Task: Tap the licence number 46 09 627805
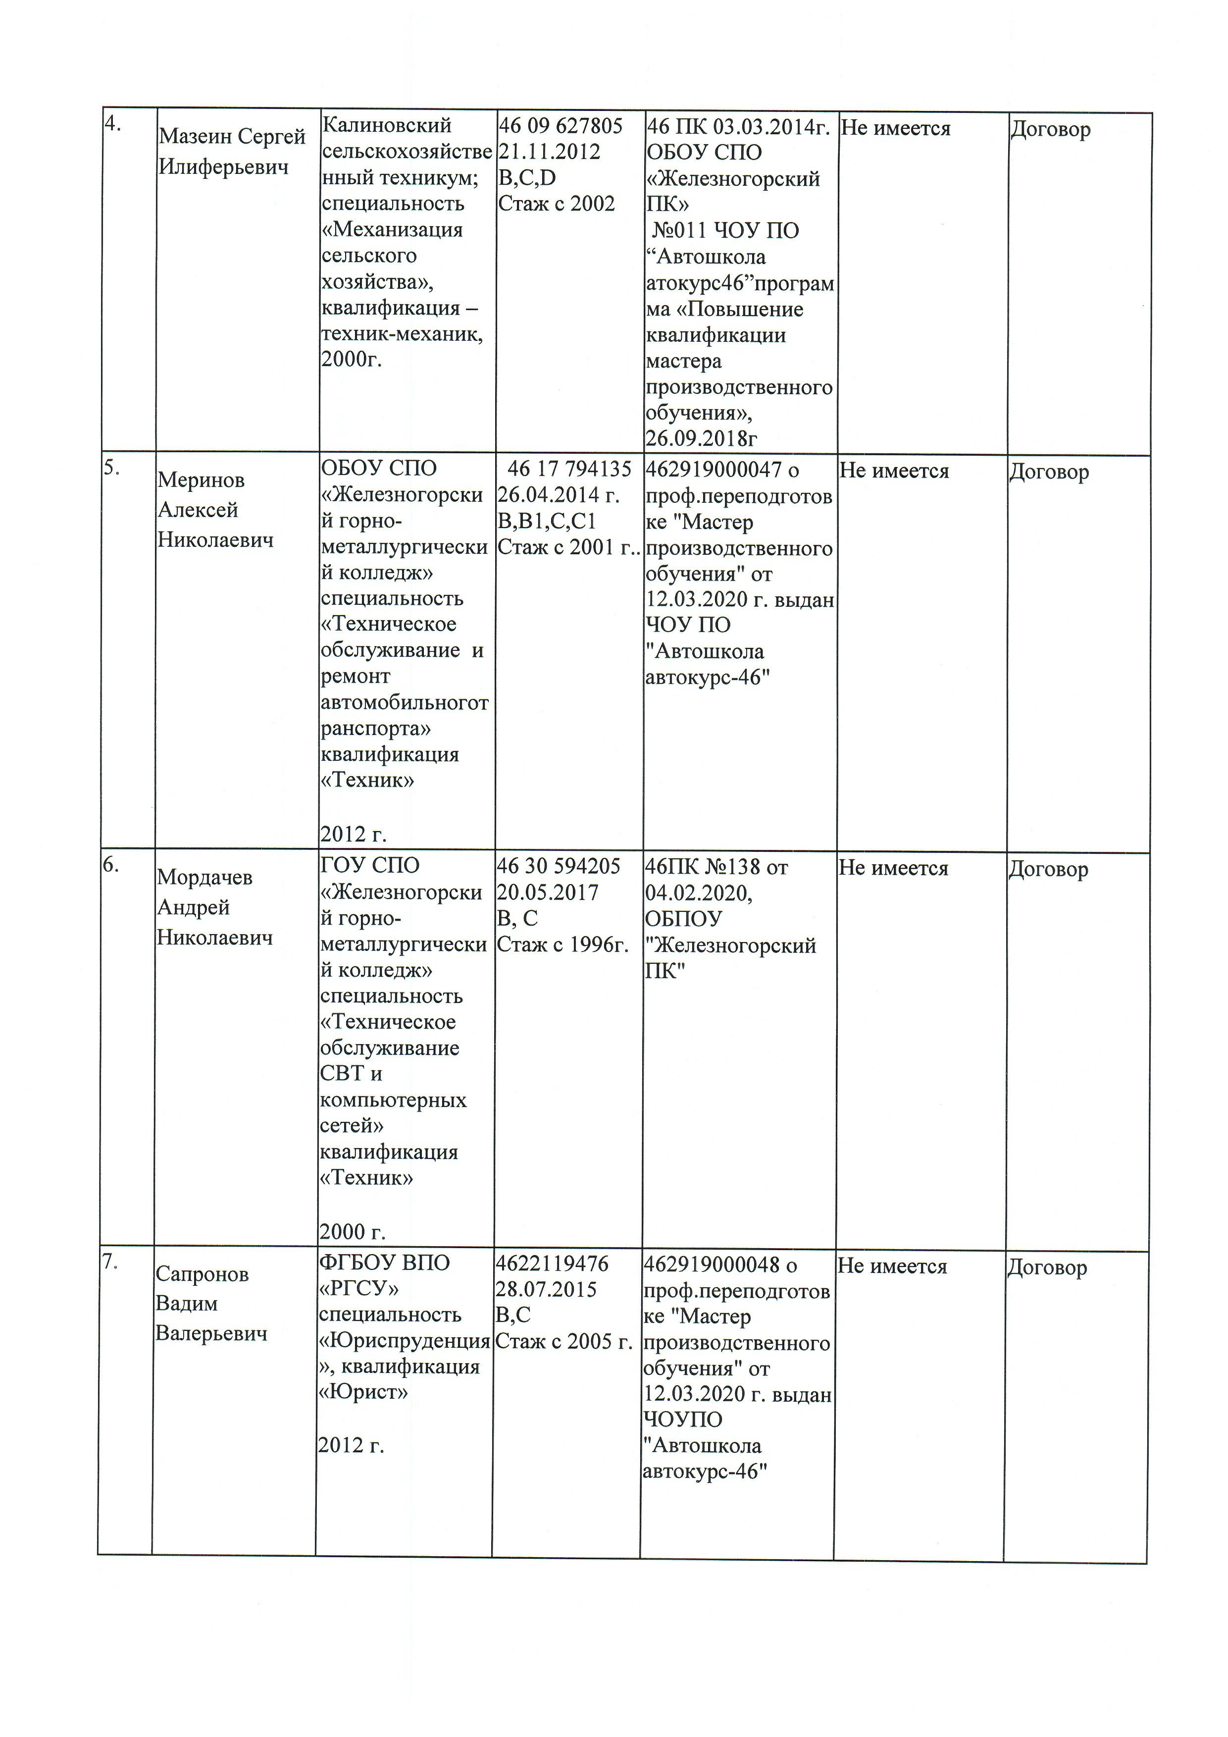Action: pos(561,126)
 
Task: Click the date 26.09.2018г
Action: pos(701,438)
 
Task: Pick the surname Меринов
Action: pos(201,480)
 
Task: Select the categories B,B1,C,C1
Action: pos(547,521)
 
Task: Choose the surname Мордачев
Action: pos(204,878)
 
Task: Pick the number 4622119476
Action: pos(552,1263)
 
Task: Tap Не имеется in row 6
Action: pos(893,869)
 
